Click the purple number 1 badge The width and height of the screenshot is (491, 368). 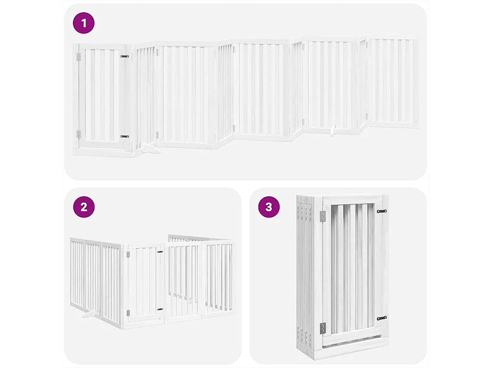point(84,23)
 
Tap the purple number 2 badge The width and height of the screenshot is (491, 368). point(84,207)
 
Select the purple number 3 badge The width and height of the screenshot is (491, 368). point(269,207)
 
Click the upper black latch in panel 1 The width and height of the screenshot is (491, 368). point(124,57)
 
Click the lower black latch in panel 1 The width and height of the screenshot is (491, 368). point(124,137)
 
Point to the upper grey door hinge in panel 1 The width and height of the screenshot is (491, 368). point(79,57)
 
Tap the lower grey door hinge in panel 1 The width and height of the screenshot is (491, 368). point(79,134)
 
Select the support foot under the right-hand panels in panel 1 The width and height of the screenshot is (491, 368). point(333,130)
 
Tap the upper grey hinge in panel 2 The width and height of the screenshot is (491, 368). point(128,255)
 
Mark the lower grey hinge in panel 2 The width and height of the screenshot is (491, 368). point(128,313)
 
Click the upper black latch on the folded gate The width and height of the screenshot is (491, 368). point(382,211)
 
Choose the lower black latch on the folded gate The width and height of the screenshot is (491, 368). point(382,318)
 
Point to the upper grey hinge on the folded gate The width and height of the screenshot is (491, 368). point(323,217)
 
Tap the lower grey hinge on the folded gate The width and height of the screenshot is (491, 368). point(323,329)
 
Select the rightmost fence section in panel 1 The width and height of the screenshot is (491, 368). point(392,81)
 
